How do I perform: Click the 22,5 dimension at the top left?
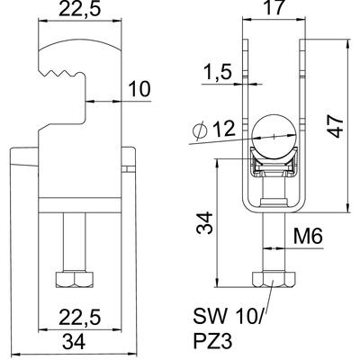click(79, 9)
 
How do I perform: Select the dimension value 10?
click(139, 89)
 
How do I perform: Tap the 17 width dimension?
click(274, 8)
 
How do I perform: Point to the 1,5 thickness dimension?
click(217, 72)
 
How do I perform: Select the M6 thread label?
click(308, 237)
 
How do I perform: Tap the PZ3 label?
click(212, 341)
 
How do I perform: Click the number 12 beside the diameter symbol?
click(223, 129)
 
